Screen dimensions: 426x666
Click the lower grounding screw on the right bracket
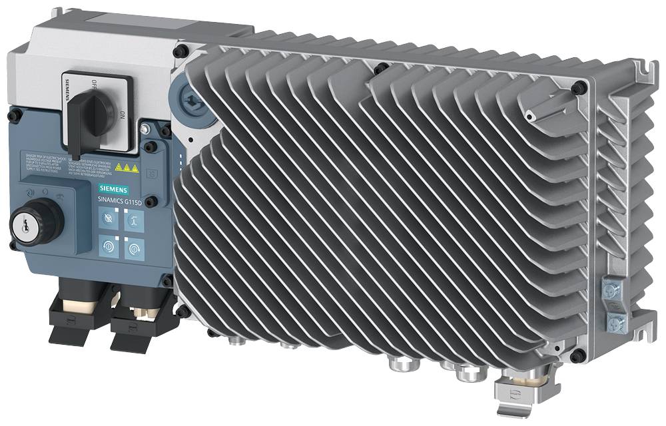tap(616, 324)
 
